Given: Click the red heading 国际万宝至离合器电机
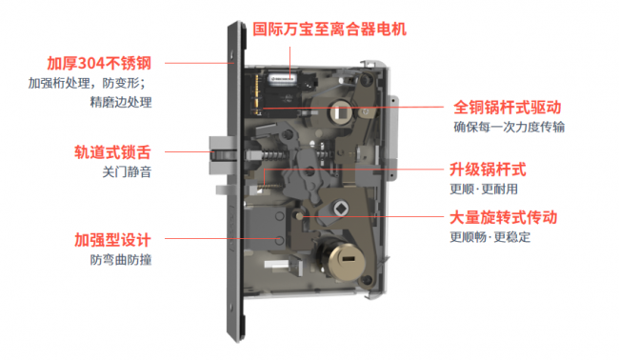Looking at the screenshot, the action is pyautogui.click(x=329, y=30).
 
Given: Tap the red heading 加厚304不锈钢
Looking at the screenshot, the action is pyautogui.click(x=99, y=63).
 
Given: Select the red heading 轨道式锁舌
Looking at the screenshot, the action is pyautogui.click(x=113, y=152).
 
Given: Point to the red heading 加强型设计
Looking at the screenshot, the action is pyautogui.click(x=113, y=240).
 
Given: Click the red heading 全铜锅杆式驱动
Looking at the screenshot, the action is pyautogui.click(x=508, y=107).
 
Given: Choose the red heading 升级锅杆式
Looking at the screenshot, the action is pyautogui.click(x=488, y=170).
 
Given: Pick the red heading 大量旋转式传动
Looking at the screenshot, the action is pyautogui.click(x=504, y=217).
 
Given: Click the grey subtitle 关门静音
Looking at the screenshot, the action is pyautogui.click(x=127, y=171).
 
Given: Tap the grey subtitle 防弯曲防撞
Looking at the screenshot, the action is pyautogui.click(x=121, y=259).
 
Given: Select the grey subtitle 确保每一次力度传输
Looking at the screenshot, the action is pyautogui.click(x=509, y=127).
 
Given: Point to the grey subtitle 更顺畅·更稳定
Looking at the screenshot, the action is pyautogui.click(x=490, y=237).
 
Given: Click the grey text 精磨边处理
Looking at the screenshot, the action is pyautogui.click(x=121, y=102).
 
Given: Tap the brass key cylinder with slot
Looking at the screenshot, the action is pyautogui.click(x=346, y=259).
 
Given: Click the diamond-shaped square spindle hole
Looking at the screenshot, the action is pyautogui.click(x=340, y=209).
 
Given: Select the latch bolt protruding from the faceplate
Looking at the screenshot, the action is pyautogui.click(x=223, y=155).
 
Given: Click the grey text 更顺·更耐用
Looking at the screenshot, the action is pyautogui.click(x=484, y=190).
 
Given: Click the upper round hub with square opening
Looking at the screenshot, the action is pyautogui.click(x=339, y=112).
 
